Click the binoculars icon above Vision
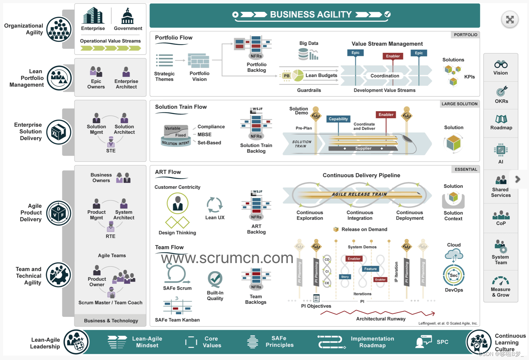coord(501,64)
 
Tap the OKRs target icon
coord(502,91)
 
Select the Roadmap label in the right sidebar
coord(501,128)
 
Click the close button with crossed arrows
coord(510,20)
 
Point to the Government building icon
coord(128,16)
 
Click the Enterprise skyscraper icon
coord(93,16)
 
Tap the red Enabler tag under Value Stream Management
coord(393,56)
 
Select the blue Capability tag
coord(338,119)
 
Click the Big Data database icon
coord(308,54)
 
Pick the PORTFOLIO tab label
coord(465,35)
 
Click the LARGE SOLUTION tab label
coord(459,104)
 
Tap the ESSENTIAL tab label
coord(466,169)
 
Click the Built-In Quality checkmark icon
coord(215,279)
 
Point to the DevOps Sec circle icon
coord(454,275)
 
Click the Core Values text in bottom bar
coord(212,342)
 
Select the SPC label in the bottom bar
coord(442,342)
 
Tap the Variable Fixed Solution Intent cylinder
coord(176,136)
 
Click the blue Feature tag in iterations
coord(370,269)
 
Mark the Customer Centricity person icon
coord(177,203)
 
